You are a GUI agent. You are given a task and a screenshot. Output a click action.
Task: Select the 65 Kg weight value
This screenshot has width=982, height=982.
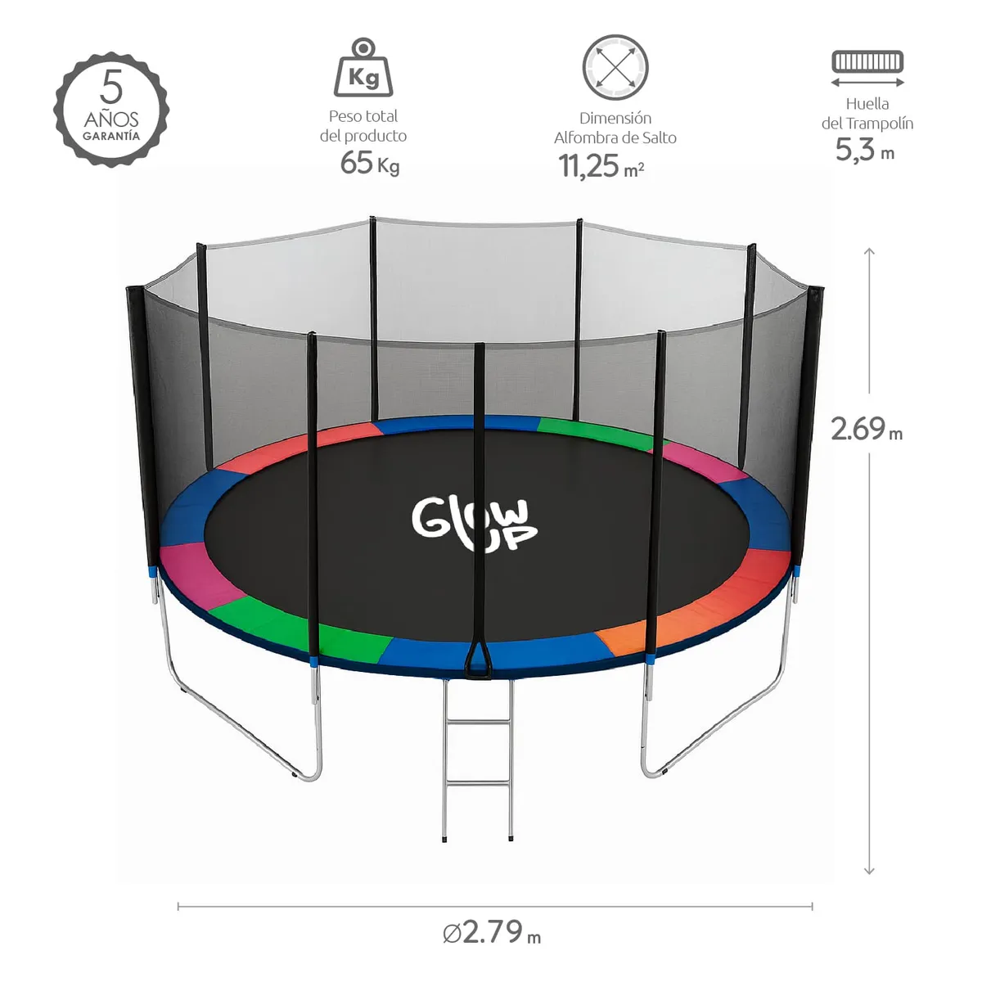369,163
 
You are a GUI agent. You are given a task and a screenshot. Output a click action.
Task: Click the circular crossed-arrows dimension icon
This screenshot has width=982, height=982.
615,68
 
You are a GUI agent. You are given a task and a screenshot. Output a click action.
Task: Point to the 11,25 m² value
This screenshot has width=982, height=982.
601,166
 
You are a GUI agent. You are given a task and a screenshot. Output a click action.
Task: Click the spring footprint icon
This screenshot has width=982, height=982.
867,62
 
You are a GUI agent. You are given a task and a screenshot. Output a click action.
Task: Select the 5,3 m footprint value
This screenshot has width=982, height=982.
864,151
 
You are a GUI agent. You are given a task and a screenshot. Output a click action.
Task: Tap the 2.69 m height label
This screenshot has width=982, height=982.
866,429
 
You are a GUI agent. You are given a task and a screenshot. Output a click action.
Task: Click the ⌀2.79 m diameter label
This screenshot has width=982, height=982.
492,932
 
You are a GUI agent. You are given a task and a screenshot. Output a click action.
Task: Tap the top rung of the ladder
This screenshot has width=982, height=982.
479,723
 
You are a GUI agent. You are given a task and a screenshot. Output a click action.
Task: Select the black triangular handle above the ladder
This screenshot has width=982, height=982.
479,662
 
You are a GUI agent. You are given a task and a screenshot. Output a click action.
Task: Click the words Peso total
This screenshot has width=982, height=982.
363,116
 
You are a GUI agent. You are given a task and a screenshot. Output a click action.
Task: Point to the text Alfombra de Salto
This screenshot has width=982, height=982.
615,137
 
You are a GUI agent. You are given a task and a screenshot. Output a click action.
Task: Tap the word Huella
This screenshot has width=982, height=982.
867,104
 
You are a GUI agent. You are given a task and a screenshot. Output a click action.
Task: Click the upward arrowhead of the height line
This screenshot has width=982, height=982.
870,251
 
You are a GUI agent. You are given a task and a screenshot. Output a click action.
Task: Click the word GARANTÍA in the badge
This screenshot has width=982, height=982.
111,137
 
